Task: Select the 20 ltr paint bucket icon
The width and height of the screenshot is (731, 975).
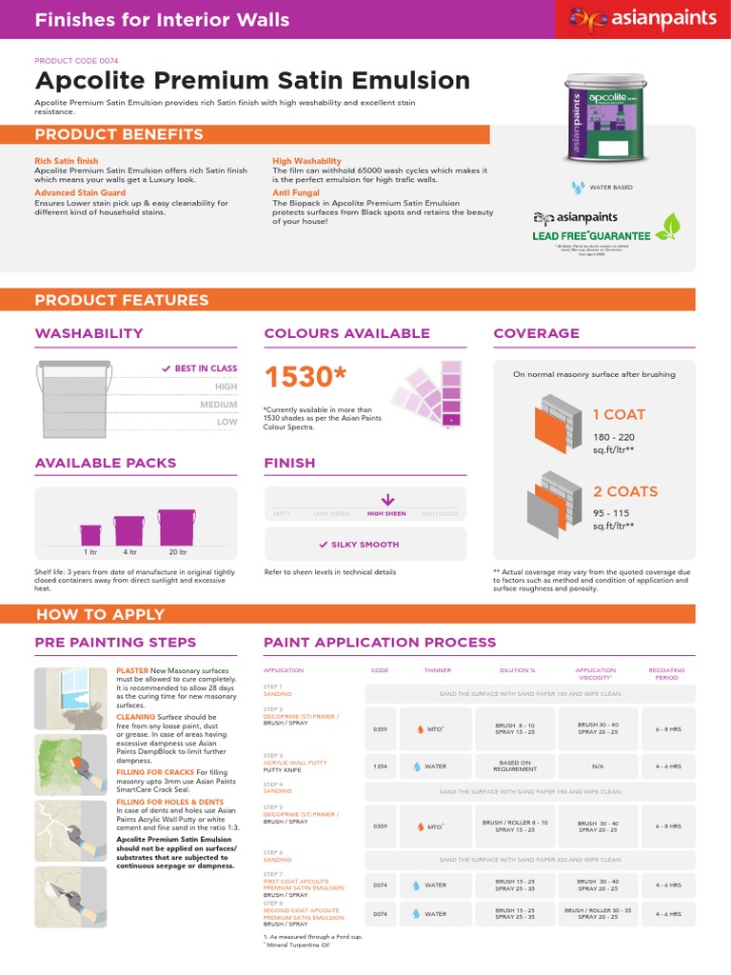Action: [x=176, y=528]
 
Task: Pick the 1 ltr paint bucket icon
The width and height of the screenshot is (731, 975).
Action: [x=90, y=535]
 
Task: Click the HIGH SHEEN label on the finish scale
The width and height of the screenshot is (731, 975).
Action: [x=386, y=514]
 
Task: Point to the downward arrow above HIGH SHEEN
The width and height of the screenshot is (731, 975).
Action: [x=386, y=499]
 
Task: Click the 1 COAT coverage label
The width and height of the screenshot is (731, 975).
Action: [x=619, y=414]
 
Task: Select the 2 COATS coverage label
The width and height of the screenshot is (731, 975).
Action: [x=625, y=491]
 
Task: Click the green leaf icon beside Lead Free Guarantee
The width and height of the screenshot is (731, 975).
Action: [x=672, y=227]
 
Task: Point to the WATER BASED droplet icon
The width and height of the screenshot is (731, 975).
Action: [x=577, y=188]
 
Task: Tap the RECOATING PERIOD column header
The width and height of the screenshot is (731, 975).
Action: [x=666, y=673]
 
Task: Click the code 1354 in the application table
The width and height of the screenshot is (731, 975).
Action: [x=380, y=765]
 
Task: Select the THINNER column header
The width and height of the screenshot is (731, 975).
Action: [x=438, y=670]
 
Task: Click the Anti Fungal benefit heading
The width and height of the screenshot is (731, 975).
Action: [x=294, y=192]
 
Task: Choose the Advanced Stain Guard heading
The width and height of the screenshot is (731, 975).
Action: [x=81, y=192]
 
